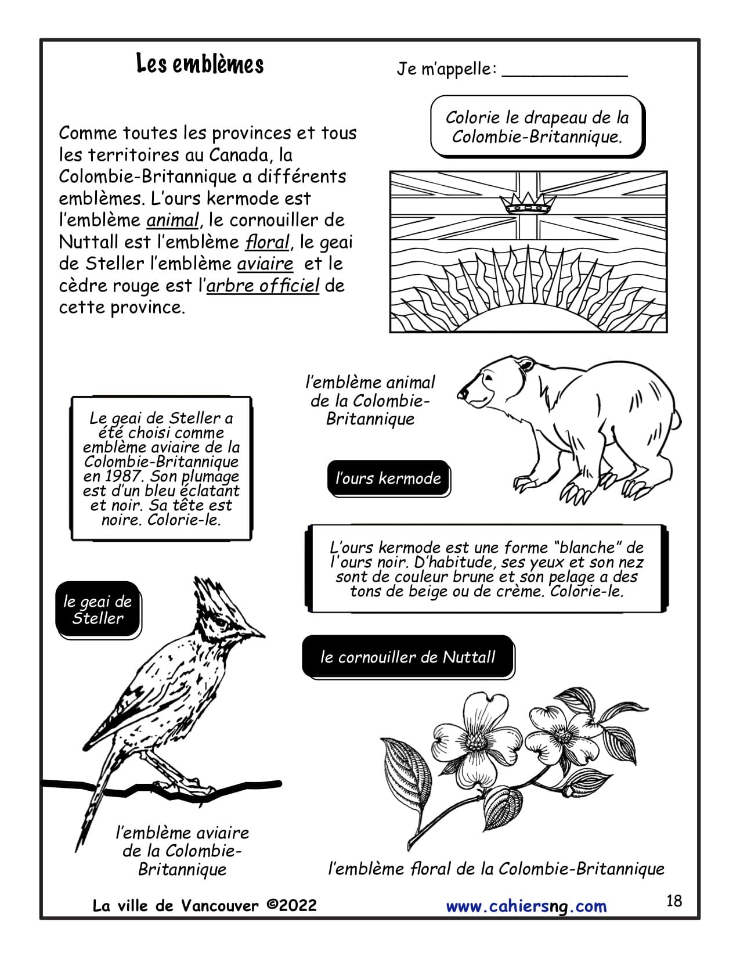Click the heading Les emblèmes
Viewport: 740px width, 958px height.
coord(200,64)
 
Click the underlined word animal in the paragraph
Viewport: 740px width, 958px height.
coord(172,220)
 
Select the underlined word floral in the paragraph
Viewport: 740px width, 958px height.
coord(266,242)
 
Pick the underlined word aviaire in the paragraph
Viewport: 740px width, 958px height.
coord(265,264)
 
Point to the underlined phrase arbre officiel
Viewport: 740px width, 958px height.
coord(263,286)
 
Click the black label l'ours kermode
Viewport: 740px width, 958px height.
coord(388,478)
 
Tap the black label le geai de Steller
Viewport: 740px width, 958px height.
coord(98,610)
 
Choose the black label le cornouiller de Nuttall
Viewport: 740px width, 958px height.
coord(408,657)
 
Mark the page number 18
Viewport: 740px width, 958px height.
coord(674,901)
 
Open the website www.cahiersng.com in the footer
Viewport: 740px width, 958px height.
coord(526,906)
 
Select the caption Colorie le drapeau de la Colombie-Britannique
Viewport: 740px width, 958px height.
coord(537,127)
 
